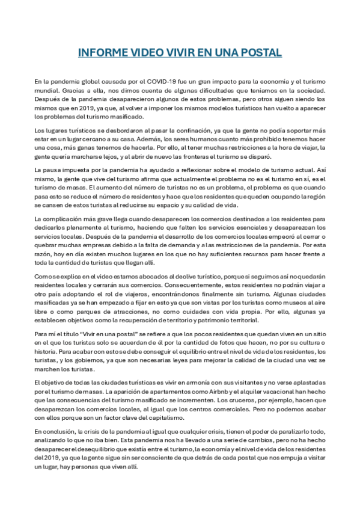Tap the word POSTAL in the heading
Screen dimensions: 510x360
tap(260, 53)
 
